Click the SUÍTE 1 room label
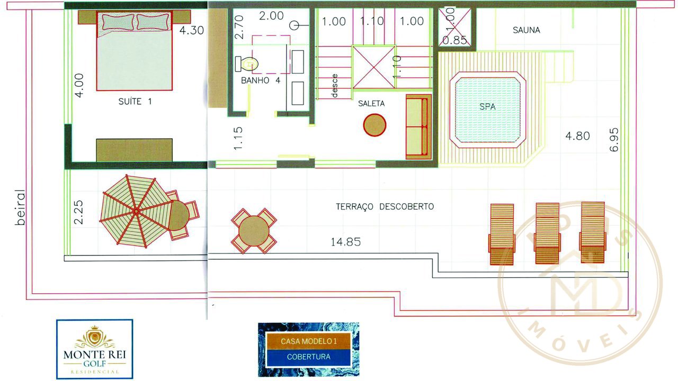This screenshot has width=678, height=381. click(135, 102)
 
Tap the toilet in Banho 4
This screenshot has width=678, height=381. click(247, 64)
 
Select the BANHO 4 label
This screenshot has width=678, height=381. click(261, 80)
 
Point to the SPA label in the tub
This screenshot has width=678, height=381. click(487, 106)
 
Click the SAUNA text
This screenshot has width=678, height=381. click(527, 30)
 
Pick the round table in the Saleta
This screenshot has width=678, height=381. click(374, 125)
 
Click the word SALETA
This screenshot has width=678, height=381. click(371, 103)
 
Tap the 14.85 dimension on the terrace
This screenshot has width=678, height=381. click(346, 242)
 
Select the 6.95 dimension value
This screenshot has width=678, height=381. click(614, 140)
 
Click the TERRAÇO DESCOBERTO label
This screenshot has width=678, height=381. click(385, 206)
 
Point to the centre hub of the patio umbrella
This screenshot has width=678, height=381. click(136, 211)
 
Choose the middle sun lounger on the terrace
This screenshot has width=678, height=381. click(547, 233)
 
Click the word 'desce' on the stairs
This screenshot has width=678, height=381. click(334, 86)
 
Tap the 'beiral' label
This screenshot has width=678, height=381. click(20, 207)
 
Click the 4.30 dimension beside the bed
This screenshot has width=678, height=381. click(192, 31)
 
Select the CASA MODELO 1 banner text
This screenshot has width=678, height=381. click(308, 341)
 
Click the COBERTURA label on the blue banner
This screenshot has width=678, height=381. click(308, 357)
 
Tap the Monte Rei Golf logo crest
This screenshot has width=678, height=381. click(95, 337)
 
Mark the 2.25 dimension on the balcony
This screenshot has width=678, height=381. click(78, 212)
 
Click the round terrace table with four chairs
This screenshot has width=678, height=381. click(254, 231)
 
